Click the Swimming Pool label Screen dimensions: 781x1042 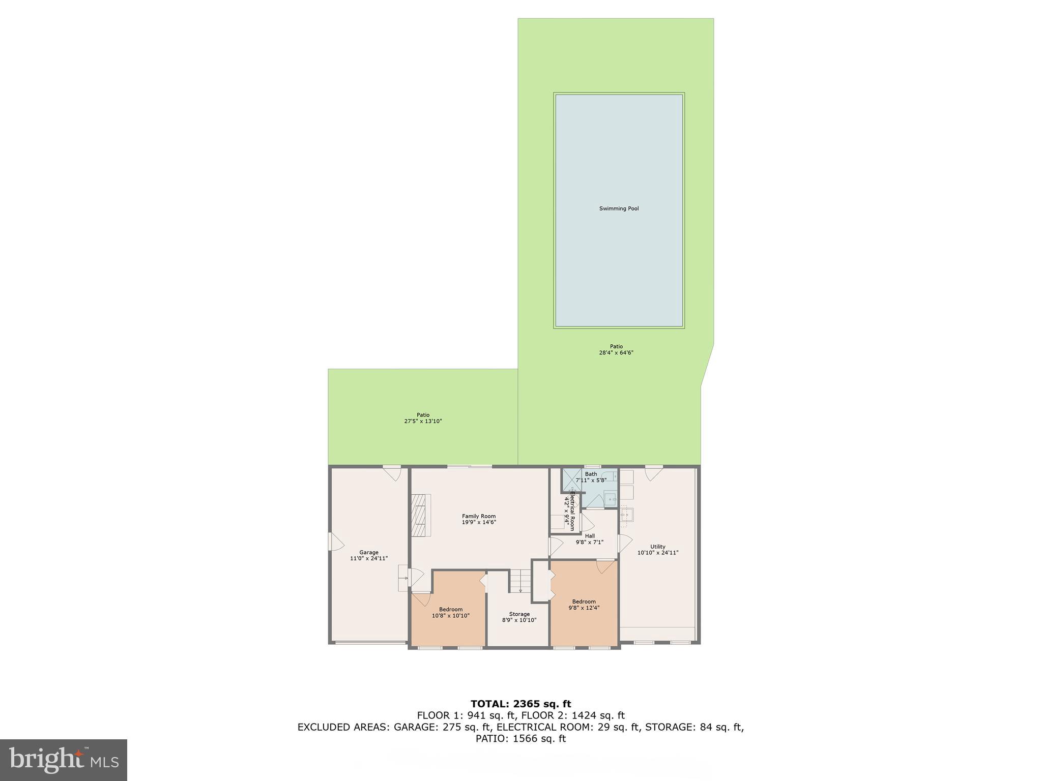tap(619, 208)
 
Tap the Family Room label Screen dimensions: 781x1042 tap(479, 516)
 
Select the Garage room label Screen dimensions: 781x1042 tap(369, 552)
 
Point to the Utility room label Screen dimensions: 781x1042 tap(658, 547)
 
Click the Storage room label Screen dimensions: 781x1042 tap(519, 614)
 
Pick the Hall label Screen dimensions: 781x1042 tap(590, 536)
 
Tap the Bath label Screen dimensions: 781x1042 tap(591, 474)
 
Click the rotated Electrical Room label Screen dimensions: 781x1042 tap(572, 510)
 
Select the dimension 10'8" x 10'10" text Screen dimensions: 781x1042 tap(451, 616)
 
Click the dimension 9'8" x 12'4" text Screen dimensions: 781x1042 tap(584, 608)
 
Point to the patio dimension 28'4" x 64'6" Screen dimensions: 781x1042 tap(616, 353)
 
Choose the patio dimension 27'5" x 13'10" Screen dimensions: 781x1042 tap(423, 421)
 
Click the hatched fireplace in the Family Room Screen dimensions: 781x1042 tap(420, 515)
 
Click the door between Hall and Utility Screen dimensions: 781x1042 tap(625, 544)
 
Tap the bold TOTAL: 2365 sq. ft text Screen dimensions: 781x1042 tap(520, 704)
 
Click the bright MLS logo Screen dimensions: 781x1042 tap(64, 760)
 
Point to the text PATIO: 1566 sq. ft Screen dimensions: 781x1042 tap(520, 739)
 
